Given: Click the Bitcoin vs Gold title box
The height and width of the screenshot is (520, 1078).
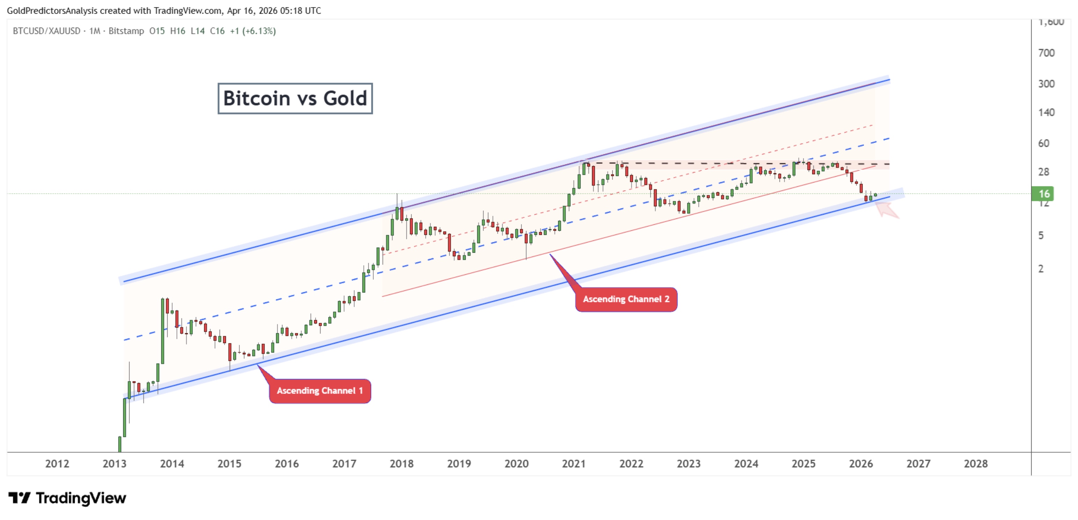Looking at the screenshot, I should click(295, 98).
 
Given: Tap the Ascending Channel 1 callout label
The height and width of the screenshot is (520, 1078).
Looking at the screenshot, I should click(320, 391).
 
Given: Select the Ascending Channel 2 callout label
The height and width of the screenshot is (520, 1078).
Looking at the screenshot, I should click(626, 299).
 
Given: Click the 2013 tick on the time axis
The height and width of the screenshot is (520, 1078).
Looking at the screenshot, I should click(114, 463).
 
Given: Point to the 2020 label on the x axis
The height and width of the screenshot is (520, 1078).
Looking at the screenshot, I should click(516, 463).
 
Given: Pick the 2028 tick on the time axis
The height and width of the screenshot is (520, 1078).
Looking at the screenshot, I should click(975, 463).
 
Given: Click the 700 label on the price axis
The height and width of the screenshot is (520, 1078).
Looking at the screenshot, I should click(1046, 53).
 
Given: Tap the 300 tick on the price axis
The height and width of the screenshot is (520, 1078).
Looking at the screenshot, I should click(1046, 84).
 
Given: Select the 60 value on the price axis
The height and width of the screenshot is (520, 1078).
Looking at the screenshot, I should click(1043, 143).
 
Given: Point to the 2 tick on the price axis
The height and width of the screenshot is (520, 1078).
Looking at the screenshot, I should click(1041, 269).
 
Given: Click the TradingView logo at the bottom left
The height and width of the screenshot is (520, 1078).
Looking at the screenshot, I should click(67, 498).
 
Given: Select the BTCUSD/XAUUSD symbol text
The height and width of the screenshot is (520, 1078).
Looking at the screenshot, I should click(46, 31).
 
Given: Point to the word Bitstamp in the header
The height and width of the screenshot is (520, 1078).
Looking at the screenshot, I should click(126, 31).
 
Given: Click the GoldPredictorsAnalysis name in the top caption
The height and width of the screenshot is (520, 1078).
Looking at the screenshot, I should click(52, 10).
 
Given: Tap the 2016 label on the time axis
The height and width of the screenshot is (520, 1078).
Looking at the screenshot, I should click(287, 463).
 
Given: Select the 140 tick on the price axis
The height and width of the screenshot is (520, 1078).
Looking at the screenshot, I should click(1046, 112).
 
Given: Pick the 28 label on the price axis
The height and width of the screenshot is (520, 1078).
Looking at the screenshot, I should click(1043, 171).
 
